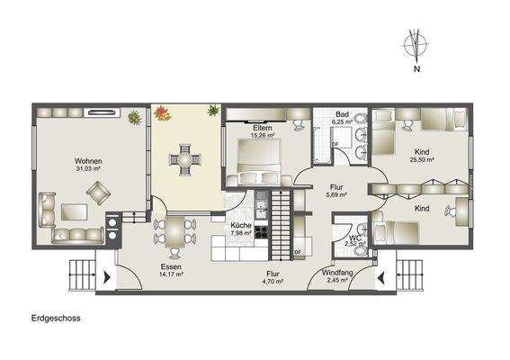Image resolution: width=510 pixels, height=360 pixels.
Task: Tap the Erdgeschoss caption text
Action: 55,318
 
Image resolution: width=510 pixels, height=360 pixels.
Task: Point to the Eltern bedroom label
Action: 263,129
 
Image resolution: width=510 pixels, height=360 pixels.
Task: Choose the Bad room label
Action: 342,115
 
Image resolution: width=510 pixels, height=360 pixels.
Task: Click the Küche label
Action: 241,226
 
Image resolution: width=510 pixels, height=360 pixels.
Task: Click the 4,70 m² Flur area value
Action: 273,281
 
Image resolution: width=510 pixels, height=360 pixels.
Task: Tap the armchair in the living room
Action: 96,191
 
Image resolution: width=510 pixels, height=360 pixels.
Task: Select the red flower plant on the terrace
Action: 163,113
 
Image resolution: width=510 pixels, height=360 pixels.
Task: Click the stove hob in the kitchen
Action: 263,231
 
